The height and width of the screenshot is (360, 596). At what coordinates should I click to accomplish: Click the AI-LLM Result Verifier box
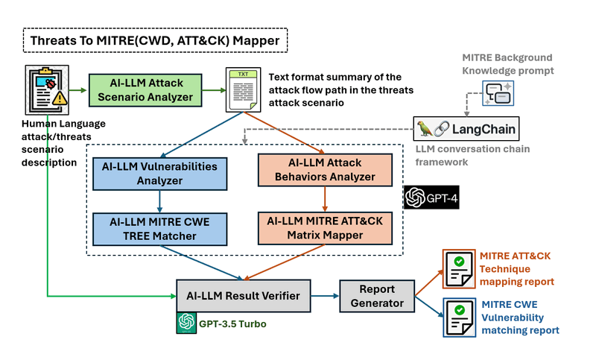(243, 296)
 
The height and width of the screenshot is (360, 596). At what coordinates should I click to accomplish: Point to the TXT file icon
(243, 89)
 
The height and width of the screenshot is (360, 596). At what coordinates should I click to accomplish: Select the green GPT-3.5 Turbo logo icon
(186, 323)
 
